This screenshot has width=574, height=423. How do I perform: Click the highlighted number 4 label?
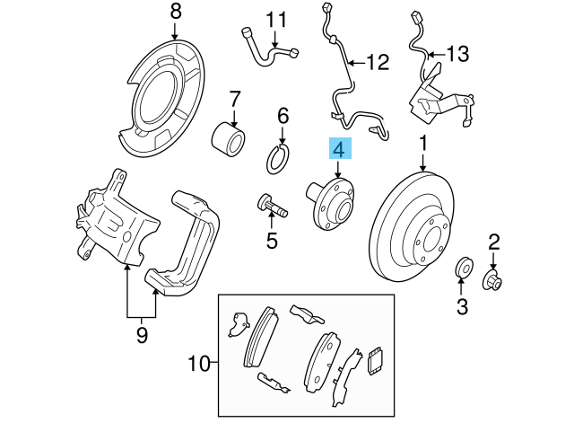340,149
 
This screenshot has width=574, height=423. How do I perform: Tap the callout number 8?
175,13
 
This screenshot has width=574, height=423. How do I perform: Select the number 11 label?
274,19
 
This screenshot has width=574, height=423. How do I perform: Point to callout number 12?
378,63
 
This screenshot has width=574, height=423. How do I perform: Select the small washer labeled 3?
465,267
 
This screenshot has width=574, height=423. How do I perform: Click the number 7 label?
235,98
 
